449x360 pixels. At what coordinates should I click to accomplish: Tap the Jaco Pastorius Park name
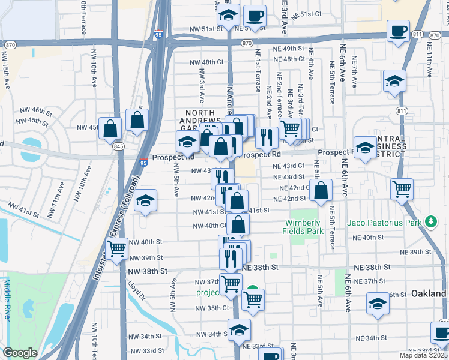click(x=384, y=223)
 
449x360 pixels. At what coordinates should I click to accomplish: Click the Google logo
click(x=20, y=353)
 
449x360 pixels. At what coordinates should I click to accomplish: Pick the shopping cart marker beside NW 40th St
click(x=116, y=248)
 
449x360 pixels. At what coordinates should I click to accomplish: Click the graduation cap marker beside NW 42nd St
click(x=145, y=201)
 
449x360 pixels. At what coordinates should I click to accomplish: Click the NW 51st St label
click(x=206, y=29)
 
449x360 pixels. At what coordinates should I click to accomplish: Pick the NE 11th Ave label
click(x=430, y=65)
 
